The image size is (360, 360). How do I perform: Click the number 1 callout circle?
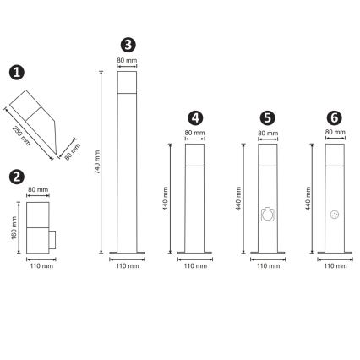(18, 75)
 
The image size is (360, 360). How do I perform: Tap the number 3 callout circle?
(127, 45)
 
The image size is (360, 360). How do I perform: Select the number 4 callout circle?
(195, 117)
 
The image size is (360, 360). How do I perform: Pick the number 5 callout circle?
(268, 117)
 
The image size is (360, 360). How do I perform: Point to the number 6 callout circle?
(334, 117)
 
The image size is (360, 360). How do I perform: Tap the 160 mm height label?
(14, 226)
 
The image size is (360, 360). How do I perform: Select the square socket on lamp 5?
(267, 215)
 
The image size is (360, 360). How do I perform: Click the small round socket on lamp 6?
(334, 215)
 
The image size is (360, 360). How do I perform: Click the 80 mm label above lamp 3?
(126, 60)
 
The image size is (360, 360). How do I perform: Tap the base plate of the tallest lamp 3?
(126, 251)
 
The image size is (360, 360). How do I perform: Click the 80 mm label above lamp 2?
(38, 189)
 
